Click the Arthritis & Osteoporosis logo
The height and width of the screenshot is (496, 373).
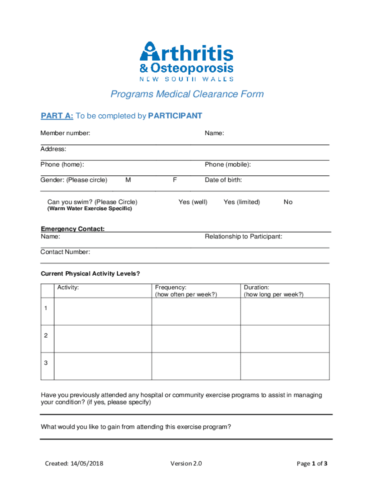(x=186, y=61)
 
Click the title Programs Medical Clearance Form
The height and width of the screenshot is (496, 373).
(x=187, y=94)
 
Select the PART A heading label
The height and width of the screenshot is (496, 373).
(x=57, y=116)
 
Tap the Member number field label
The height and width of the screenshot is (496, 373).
(x=65, y=133)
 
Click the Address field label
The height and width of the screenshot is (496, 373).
(x=53, y=149)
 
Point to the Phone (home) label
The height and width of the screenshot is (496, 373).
(x=62, y=165)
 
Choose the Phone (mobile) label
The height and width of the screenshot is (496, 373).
(x=228, y=165)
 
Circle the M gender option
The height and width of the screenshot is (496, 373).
(x=128, y=180)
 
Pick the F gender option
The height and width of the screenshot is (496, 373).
(x=175, y=180)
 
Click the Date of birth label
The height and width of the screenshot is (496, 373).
(x=223, y=180)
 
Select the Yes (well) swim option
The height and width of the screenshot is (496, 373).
(x=193, y=202)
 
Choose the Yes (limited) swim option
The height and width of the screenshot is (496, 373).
(x=242, y=202)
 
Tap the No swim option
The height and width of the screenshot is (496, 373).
(x=288, y=202)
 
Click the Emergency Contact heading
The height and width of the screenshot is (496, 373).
(x=73, y=229)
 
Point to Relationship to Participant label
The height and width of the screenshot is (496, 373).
(x=243, y=237)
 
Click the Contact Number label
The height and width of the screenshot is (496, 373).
(x=65, y=252)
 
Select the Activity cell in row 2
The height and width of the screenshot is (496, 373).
(x=103, y=339)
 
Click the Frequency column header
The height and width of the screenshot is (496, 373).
(x=186, y=291)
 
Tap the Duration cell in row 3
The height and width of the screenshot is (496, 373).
(x=285, y=366)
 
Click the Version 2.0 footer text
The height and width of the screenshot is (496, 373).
(x=186, y=464)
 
